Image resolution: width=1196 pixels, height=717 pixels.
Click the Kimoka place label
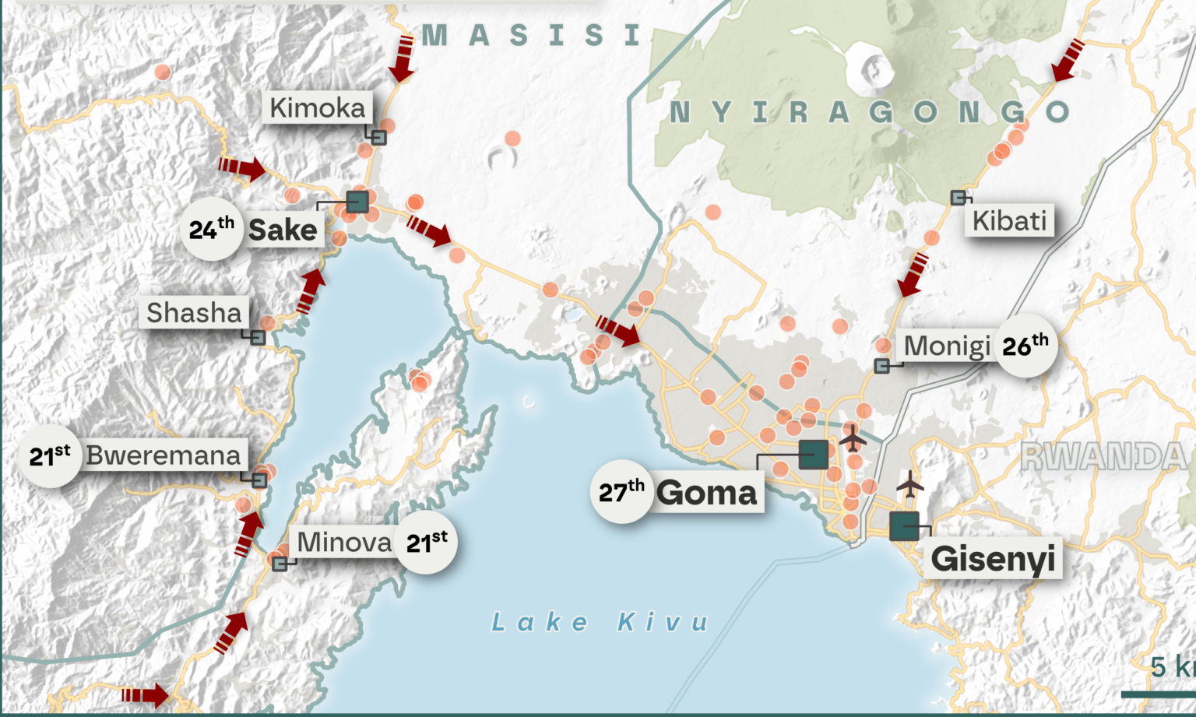[317, 107]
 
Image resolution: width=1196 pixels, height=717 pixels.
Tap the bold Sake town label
[283, 230]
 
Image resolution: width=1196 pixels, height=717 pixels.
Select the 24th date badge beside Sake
[211, 229]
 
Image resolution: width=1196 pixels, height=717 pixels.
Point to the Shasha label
[195, 312]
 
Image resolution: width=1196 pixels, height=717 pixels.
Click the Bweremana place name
[164, 455]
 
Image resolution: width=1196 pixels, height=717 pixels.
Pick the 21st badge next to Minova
[427, 543]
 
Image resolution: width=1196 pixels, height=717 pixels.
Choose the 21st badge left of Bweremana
[50, 455]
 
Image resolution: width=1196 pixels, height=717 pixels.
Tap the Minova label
[344, 542]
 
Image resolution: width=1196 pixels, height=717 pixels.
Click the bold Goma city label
[706, 493]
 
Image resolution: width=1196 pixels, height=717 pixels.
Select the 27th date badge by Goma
[621, 492]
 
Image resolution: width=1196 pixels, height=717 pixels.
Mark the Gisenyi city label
[993, 558]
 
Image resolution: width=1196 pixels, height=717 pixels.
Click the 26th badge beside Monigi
[1025, 346]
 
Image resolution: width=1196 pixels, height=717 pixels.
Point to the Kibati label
[1009, 220]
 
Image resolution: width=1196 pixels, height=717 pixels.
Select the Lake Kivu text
[600, 622]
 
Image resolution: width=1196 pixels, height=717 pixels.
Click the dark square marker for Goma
[814, 454]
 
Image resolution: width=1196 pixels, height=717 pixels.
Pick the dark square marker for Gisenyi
[904, 526]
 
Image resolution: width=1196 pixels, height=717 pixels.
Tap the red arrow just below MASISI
[403, 58]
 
